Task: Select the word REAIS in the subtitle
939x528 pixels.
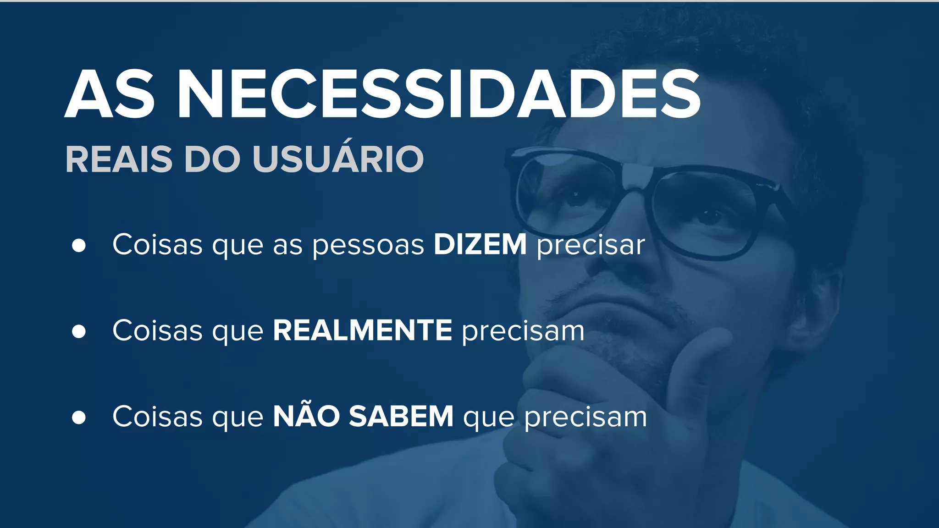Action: [119, 159]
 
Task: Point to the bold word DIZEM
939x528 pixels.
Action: [480, 244]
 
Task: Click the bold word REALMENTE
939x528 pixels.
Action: [363, 330]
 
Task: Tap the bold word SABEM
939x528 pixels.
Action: [401, 416]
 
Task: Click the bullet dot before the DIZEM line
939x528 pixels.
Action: [79, 245]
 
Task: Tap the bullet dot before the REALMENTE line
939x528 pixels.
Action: [79, 331]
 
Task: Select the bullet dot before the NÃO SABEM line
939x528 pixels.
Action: [79, 417]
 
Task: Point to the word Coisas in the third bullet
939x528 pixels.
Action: [157, 416]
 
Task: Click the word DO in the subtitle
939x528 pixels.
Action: [212, 159]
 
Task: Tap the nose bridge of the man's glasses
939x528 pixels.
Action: [637, 179]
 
